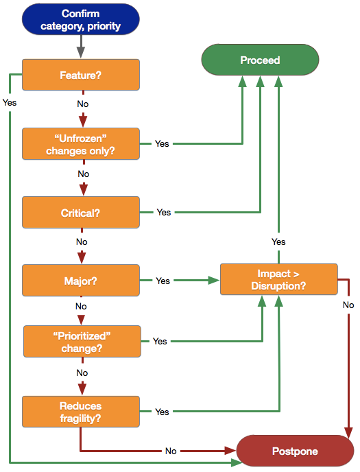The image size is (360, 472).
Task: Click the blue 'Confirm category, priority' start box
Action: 81,20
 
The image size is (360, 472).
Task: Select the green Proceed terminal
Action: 260,60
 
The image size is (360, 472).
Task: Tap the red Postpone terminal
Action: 295,451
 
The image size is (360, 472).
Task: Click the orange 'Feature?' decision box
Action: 81,75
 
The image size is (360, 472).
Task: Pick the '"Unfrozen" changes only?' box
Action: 81,144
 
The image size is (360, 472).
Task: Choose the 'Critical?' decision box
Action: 81,213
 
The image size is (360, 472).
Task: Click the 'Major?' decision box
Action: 81,281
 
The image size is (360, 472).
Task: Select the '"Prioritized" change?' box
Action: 82,341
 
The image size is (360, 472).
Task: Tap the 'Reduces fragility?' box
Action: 81,411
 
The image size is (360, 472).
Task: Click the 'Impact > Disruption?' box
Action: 278,280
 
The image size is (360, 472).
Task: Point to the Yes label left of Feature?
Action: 10,102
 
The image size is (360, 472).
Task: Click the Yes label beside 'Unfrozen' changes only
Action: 162,144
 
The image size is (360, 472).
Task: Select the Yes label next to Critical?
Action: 163,213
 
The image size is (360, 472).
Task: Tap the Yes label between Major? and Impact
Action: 163,281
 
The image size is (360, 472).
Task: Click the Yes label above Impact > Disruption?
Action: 278,241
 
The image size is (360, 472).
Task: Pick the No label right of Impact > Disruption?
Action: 348,305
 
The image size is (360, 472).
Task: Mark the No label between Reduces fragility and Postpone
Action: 171,451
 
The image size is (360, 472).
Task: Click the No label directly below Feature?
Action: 83,104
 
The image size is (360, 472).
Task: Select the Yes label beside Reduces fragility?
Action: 162,412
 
